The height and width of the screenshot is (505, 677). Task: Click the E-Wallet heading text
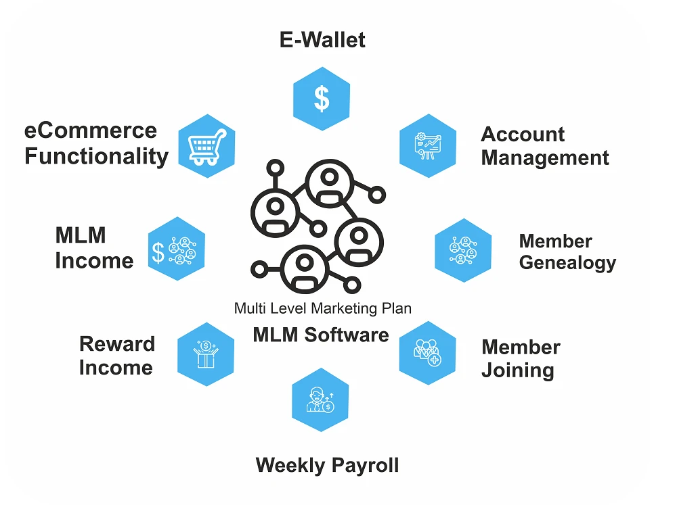click(x=322, y=40)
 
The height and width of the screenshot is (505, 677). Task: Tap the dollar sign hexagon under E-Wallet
click(x=322, y=99)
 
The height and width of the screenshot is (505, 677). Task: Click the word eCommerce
click(x=90, y=130)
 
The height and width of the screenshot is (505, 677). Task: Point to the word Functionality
click(x=96, y=157)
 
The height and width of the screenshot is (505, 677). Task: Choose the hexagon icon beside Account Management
click(x=427, y=145)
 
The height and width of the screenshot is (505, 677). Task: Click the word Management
click(x=545, y=158)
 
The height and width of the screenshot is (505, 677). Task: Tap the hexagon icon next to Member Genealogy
click(x=463, y=250)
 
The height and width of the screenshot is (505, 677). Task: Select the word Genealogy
click(x=567, y=262)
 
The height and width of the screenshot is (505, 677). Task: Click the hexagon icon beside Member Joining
click(x=427, y=353)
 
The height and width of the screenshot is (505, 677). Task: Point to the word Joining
click(x=517, y=370)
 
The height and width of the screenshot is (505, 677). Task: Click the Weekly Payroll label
click(x=327, y=465)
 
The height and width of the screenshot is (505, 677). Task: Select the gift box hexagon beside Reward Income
click(x=205, y=354)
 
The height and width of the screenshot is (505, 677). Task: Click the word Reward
click(x=117, y=344)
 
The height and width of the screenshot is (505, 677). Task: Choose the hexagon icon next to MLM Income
click(x=176, y=249)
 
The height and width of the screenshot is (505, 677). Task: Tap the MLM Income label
click(x=93, y=248)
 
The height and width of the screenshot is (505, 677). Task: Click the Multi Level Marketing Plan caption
click(x=322, y=308)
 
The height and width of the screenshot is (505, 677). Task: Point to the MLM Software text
click(x=321, y=335)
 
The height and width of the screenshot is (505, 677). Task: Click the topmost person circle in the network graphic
click(x=328, y=183)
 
